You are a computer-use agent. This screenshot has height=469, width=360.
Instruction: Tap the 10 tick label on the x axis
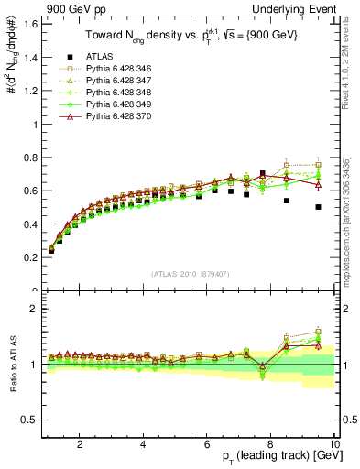point(334,443)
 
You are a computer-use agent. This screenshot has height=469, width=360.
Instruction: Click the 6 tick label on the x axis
point(207,443)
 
